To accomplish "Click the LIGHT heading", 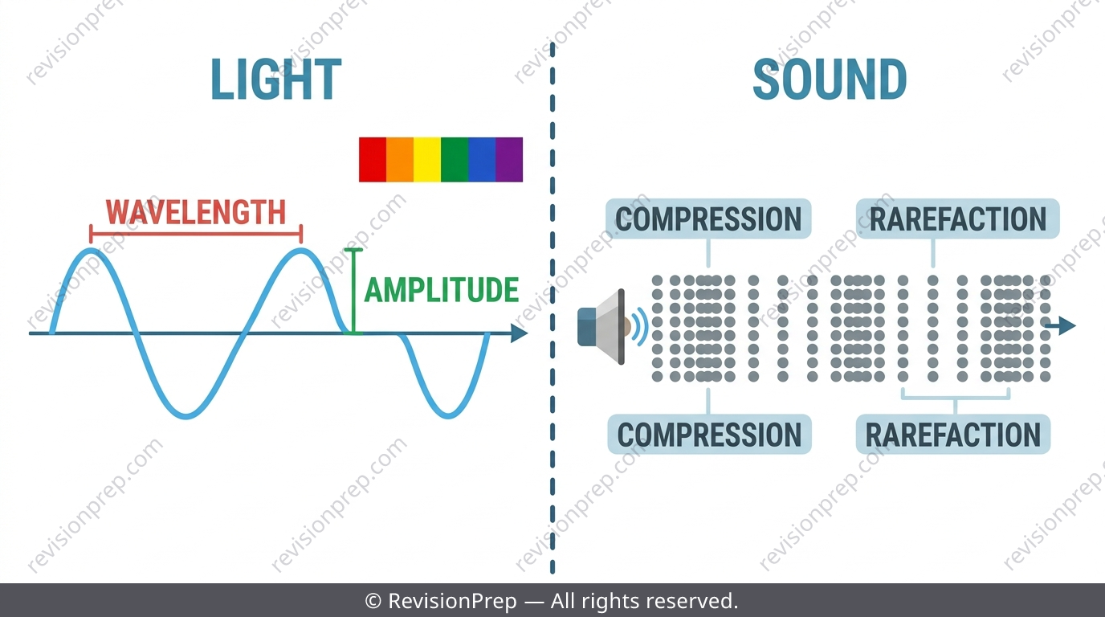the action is click(x=275, y=80).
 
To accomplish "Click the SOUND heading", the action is click(x=830, y=80).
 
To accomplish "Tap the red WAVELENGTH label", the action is click(x=196, y=212).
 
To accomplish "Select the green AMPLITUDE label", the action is click(x=442, y=290).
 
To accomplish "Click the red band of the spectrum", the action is click(x=373, y=159).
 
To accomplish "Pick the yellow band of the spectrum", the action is click(x=427, y=159).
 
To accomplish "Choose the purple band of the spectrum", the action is click(x=509, y=159).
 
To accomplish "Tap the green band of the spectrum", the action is click(x=455, y=159).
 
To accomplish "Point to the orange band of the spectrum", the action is click(x=400, y=159).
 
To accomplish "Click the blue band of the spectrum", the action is click(x=482, y=159).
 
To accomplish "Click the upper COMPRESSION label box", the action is click(x=708, y=219).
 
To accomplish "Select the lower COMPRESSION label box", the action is click(x=709, y=435).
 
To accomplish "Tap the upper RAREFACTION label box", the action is click(x=958, y=219).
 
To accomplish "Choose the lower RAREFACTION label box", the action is click(x=953, y=435).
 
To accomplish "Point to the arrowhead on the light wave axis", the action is click(x=519, y=333).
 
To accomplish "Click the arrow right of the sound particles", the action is click(x=1060, y=326).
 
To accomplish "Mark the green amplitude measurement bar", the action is click(x=353, y=291).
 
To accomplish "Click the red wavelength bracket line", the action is click(x=196, y=234).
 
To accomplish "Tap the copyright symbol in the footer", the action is click(x=373, y=601).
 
